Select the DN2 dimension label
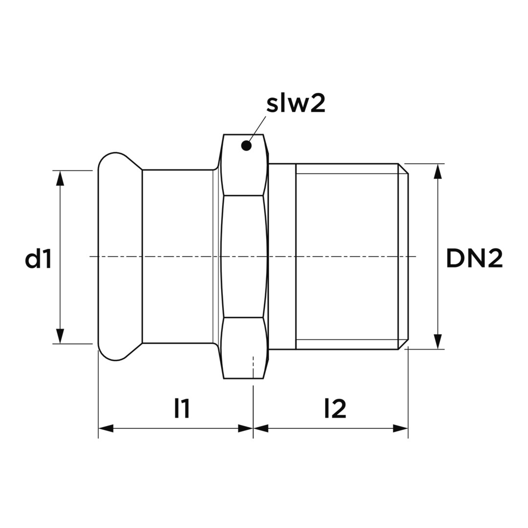click(474, 259)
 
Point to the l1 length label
click(182, 408)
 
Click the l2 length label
click(335, 408)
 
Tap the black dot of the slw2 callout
click(246, 146)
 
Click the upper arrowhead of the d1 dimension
click(60, 178)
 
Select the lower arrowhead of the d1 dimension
click(60, 336)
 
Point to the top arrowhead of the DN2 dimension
click(438, 172)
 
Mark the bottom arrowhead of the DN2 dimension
click(438, 341)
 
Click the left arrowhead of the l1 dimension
click(106, 428)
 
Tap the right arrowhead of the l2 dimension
click(400, 428)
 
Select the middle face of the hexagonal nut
click(243, 257)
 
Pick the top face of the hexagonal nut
click(243, 165)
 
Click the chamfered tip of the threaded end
click(403, 257)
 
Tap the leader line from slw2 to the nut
click(257, 129)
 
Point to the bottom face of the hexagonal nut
click(243, 348)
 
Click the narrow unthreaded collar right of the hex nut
click(282, 257)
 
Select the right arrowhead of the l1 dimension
click(245, 428)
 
